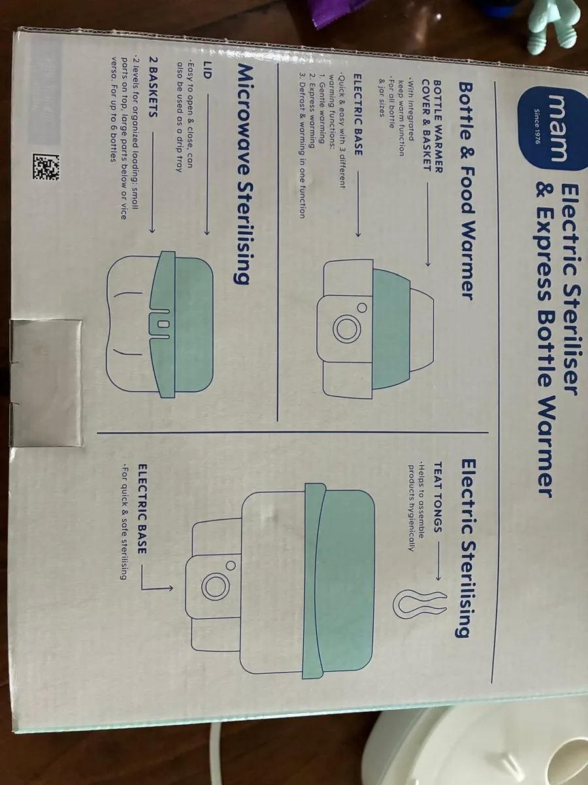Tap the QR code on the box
pos(46,167)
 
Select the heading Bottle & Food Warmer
pos(465,191)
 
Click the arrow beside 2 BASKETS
pos(152,183)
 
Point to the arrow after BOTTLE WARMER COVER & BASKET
pos(427,224)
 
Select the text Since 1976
pos(536,127)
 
